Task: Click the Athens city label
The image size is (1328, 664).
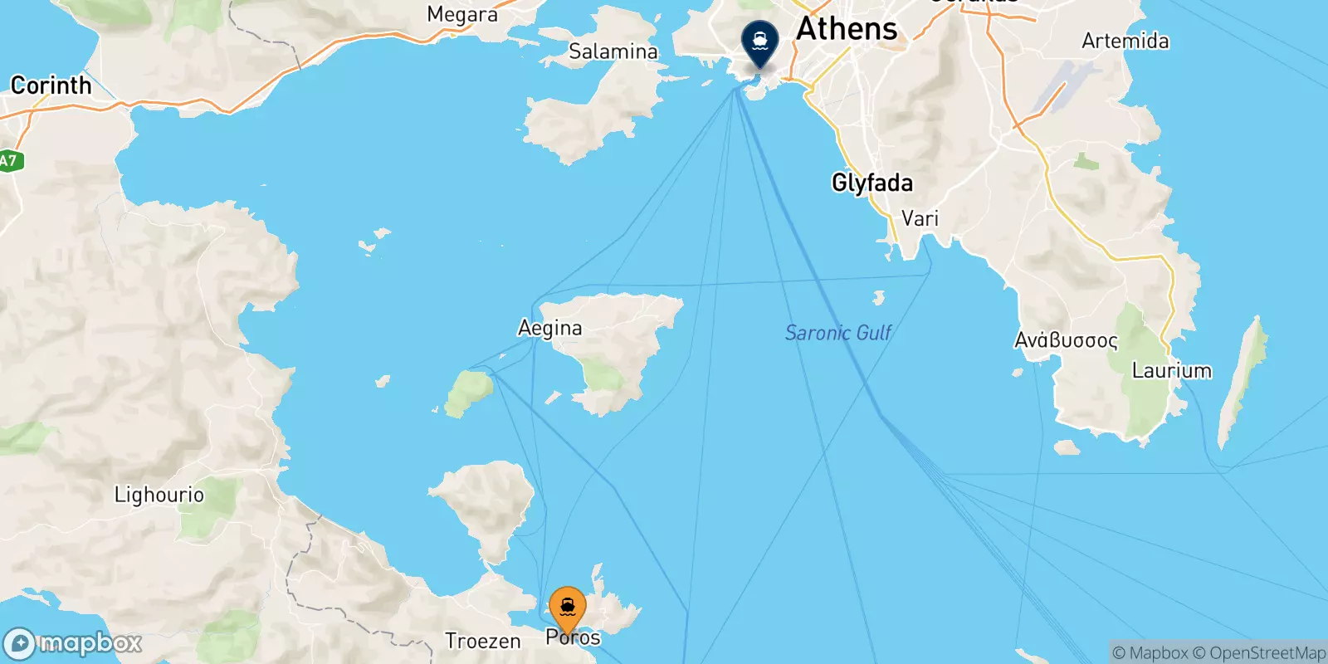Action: (x=847, y=29)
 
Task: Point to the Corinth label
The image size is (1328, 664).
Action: (x=51, y=85)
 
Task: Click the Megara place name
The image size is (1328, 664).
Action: (x=461, y=14)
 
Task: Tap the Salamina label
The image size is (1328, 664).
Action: (x=613, y=51)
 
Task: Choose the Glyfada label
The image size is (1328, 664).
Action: (x=871, y=183)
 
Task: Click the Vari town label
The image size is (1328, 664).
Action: (x=920, y=218)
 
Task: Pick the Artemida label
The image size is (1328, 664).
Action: (x=1125, y=41)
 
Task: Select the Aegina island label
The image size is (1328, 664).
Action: (x=549, y=328)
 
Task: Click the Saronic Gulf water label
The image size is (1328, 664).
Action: (x=838, y=333)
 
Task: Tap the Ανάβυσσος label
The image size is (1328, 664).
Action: (x=1066, y=340)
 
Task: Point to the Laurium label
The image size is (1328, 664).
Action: (x=1171, y=370)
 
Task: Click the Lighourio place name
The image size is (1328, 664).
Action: (x=159, y=495)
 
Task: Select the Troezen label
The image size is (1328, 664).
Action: (x=482, y=641)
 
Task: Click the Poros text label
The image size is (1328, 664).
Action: (x=573, y=637)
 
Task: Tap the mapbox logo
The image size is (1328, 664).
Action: (x=73, y=643)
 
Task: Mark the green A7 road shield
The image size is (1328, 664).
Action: (x=8, y=160)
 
